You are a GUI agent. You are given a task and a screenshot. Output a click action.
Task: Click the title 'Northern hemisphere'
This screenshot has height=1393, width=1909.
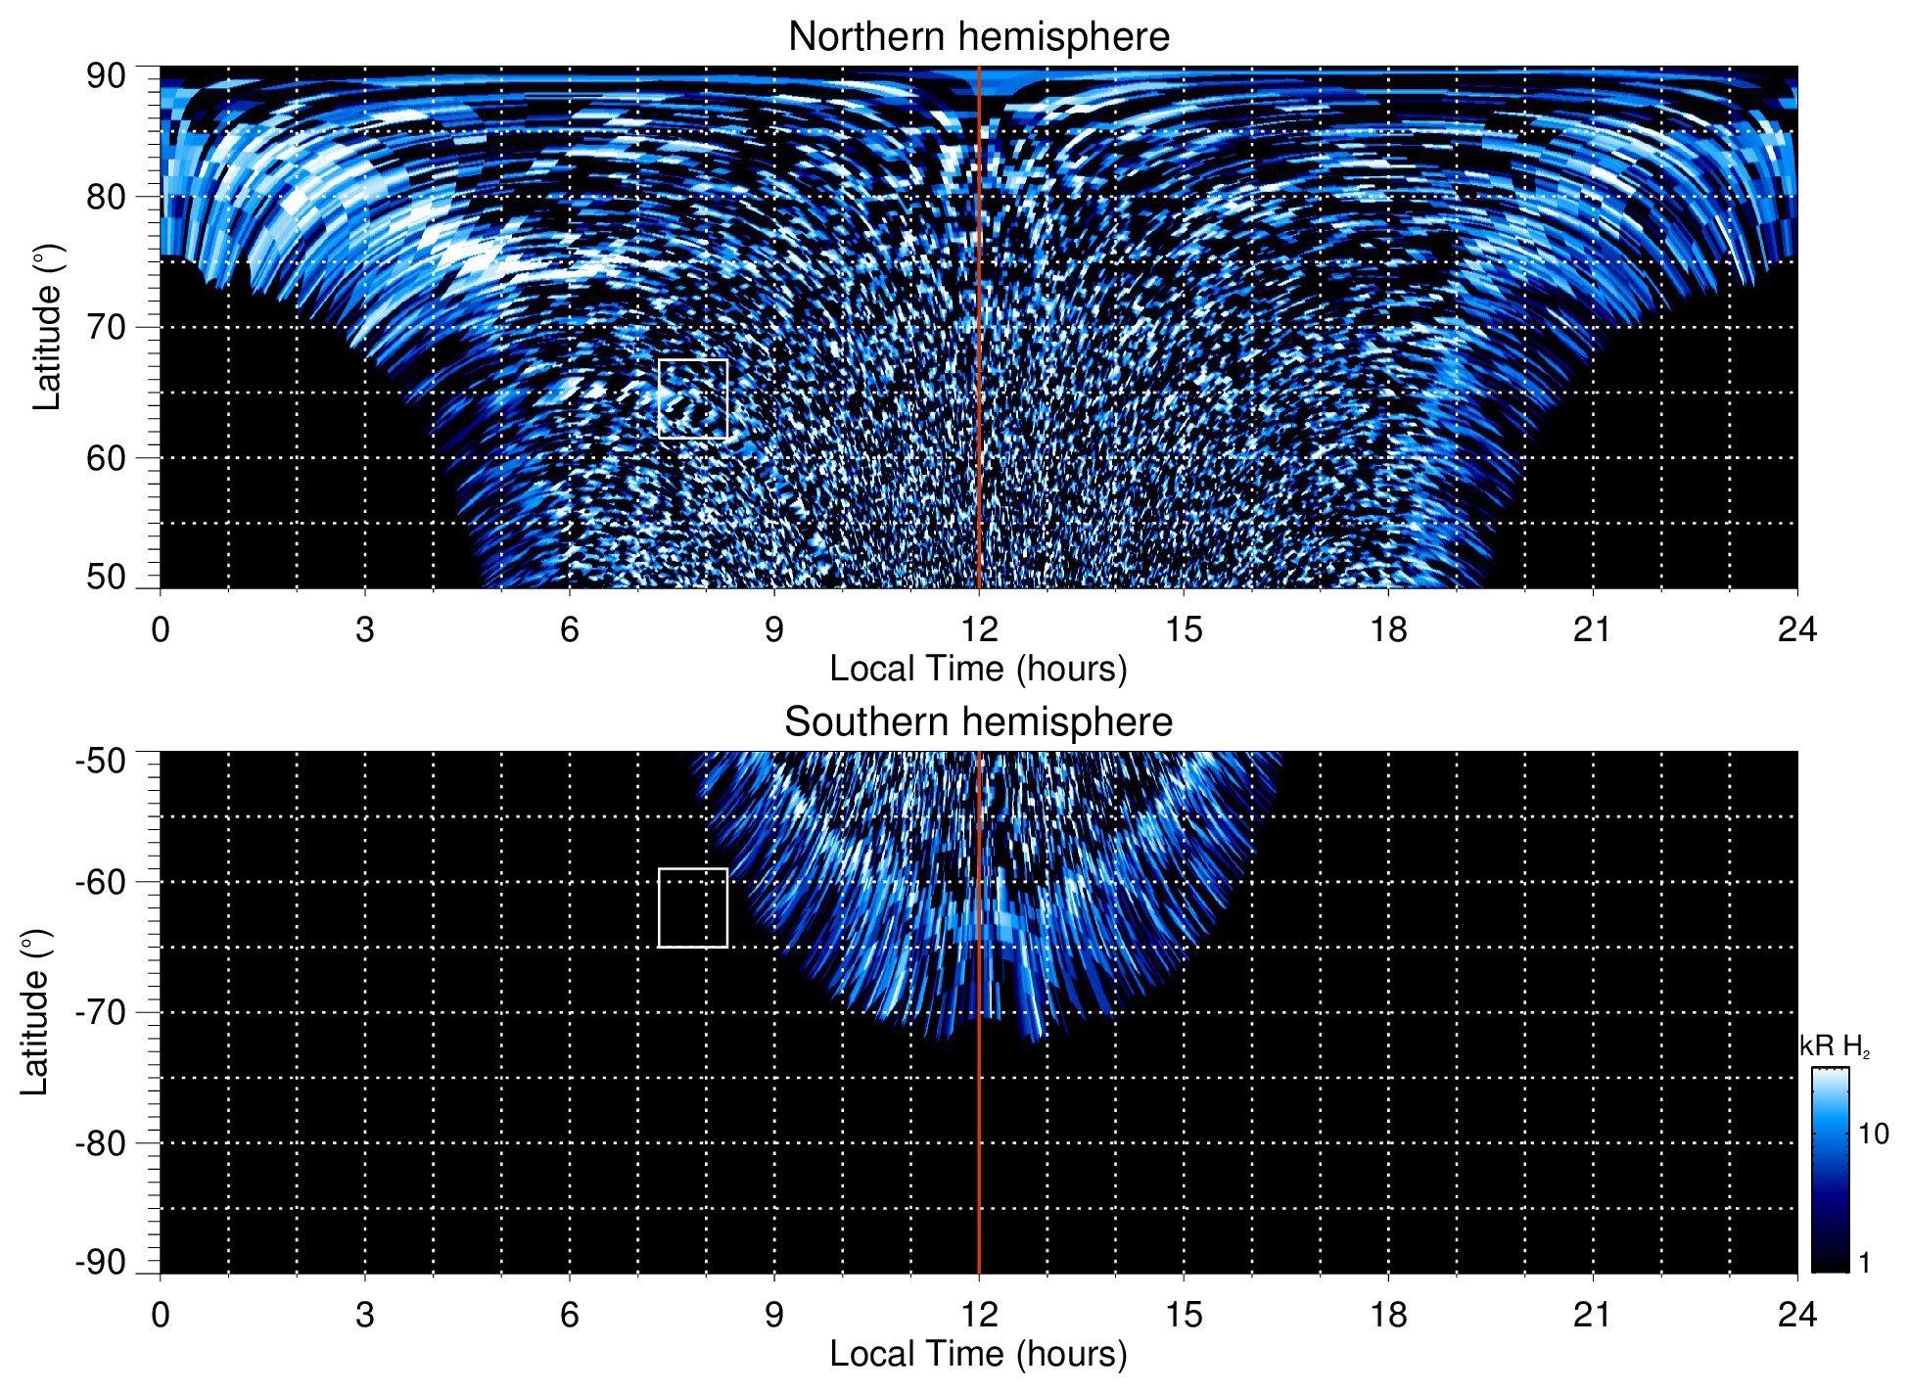[x=978, y=37]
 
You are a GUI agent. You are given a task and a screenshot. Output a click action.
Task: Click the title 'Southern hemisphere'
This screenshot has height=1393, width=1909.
[x=978, y=722]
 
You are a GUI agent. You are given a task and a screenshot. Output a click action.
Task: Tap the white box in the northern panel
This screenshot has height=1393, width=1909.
[x=693, y=398]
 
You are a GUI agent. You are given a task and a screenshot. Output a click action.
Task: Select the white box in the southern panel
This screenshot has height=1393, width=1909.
[x=693, y=907]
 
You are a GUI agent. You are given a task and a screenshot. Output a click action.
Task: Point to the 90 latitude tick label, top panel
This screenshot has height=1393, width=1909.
[x=106, y=76]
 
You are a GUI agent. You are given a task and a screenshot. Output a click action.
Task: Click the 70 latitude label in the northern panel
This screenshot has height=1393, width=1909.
[x=106, y=327]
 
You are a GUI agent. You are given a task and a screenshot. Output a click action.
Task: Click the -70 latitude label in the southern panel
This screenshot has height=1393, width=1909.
[x=101, y=1012]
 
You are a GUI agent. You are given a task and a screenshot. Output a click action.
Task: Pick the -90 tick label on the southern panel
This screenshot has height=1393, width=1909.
[x=101, y=1263]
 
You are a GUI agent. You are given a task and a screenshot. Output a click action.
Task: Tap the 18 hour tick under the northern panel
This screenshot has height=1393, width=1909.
[x=1388, y=628]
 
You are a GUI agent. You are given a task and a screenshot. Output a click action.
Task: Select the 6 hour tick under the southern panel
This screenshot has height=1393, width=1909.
[x=570, y=1314]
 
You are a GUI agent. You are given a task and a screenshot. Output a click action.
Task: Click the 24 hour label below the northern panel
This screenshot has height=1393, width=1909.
[x=1796, y=628]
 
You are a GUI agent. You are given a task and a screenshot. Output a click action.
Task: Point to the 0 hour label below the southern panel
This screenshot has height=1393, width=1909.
[x=161, y=1314]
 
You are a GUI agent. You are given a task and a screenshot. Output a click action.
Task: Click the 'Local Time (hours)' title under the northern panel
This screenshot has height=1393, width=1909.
[x=978, y=669]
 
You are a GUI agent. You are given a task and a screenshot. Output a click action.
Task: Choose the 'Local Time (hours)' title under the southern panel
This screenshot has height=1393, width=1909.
[x=978, y=1354]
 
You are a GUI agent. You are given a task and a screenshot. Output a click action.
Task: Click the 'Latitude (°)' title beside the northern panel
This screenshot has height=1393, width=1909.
[x=47, y=327]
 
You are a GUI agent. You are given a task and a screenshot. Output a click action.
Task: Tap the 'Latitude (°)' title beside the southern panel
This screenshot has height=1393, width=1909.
[x=35, y=1012]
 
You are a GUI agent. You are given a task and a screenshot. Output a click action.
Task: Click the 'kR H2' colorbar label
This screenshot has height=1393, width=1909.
[x=1835, y=1046]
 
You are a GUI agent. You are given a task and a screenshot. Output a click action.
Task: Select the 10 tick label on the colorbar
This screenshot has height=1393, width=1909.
[x=1873, y=1134]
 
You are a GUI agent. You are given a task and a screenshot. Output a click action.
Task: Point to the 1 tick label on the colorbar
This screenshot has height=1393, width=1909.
[x=1864, y=1263]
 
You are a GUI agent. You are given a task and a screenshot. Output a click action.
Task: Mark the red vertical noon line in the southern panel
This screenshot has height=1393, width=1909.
[x=979, y=1126]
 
